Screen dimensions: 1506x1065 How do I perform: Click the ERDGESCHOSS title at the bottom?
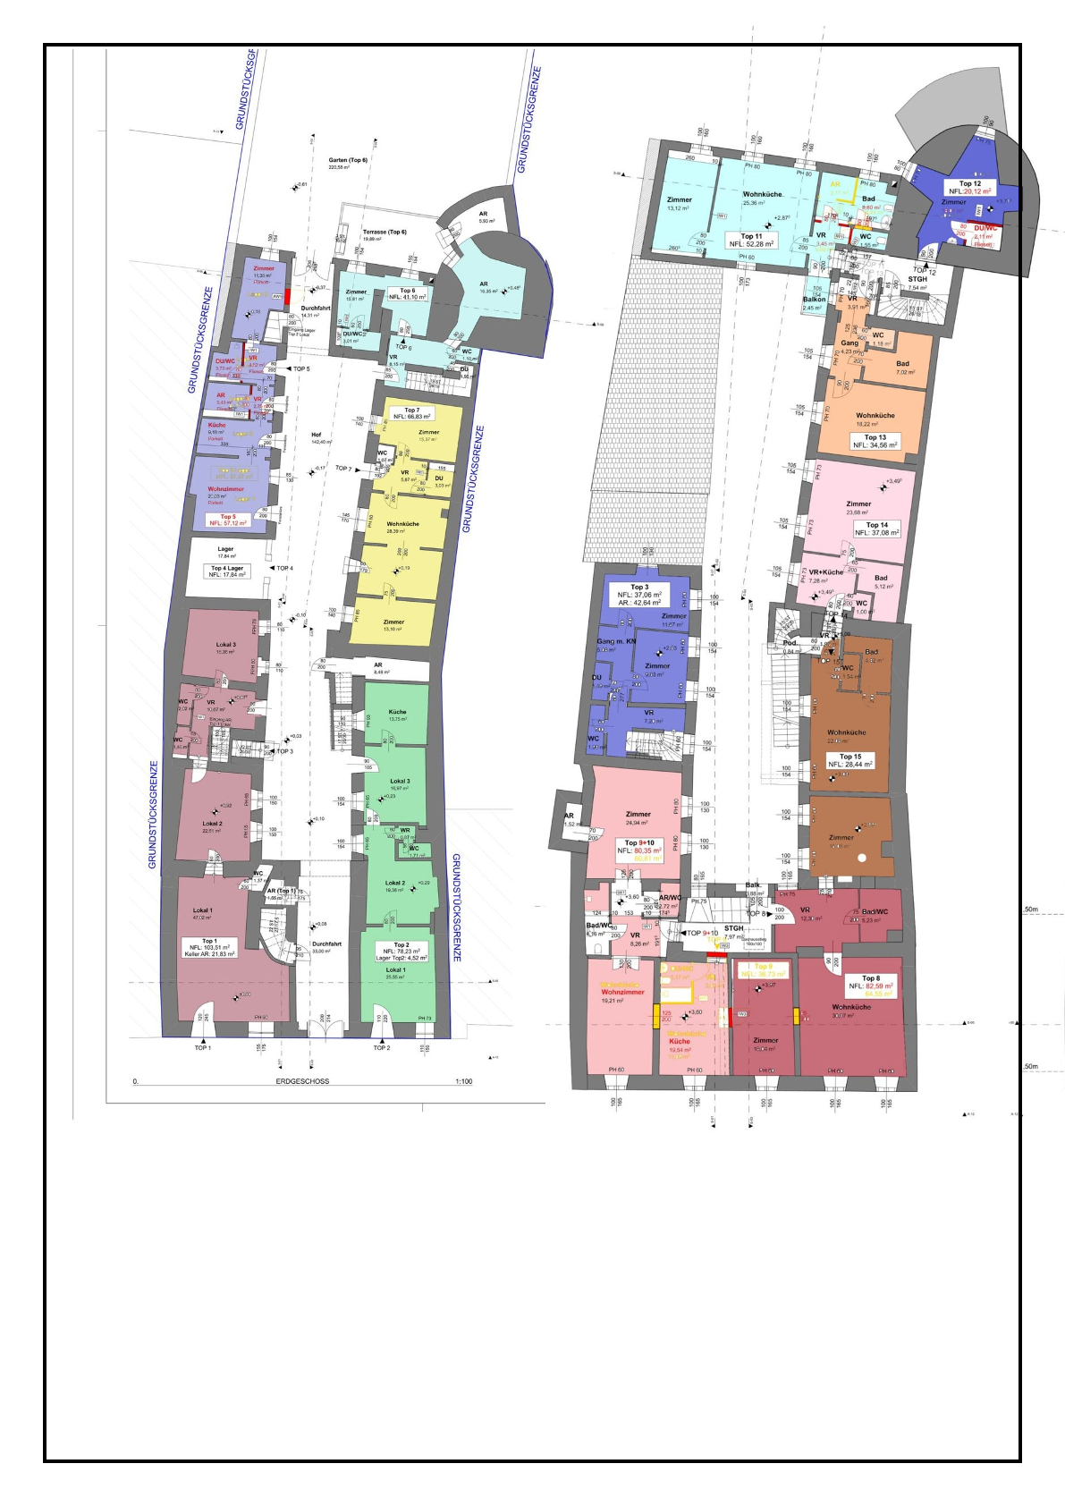coord(302,1081)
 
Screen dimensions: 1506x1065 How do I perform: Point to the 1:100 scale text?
coord(463,1081)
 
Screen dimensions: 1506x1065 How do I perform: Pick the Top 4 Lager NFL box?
coord(227,571)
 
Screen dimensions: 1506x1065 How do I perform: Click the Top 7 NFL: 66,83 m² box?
coord(411,413)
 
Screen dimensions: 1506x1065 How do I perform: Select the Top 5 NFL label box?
coord(228,520)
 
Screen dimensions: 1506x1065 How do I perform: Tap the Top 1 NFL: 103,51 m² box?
coord(209,947)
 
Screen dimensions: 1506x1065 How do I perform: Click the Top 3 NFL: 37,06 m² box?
coord(639,595)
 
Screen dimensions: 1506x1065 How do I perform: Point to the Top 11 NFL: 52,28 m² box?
coord(751,240)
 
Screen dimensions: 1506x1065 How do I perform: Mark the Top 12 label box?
coord(970,187)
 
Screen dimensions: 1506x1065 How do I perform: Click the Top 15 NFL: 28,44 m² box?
coord(850,760)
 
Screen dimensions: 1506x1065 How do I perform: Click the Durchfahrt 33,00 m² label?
coord(326,947)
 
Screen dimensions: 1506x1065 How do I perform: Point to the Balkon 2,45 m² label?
coord(814,303)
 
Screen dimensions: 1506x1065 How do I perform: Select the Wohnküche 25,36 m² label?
coord(762,198)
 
